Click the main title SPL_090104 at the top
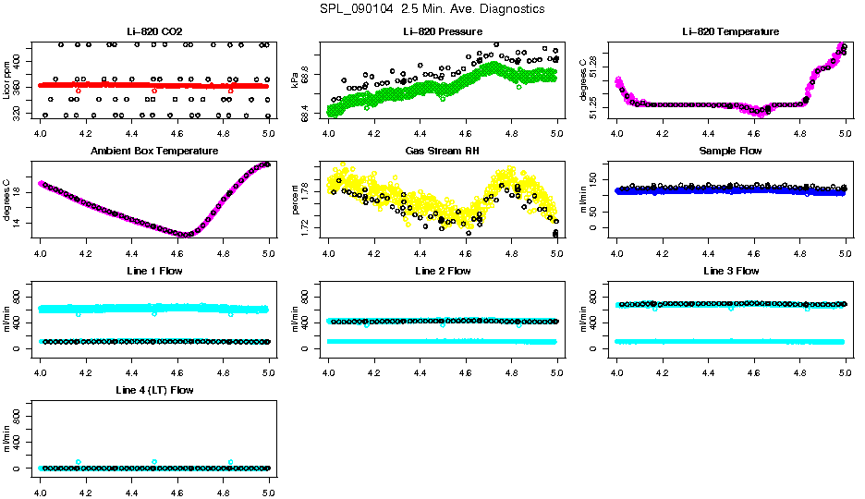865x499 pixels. (x=432, y=9)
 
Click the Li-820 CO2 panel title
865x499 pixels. (x=154, y=32)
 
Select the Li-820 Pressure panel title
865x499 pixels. (x=443, y=32)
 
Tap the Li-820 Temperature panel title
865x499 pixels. (x=731, y=32)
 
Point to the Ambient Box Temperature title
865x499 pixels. (x=154, y=152)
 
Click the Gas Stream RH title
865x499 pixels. (x=443, y=152)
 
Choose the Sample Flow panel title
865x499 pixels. (x=731, y=152)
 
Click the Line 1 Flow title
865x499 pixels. (x=154, y=271)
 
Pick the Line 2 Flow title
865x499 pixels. (x=443, y=271)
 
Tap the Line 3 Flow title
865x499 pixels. (x=731, y=271)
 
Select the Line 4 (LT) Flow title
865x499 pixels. (x=154, y=390)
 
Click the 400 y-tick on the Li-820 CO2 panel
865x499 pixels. (x=20, y=61)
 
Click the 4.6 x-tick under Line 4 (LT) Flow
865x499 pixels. (x=177, y=483)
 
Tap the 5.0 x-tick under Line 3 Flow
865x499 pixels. (x=845, y=364)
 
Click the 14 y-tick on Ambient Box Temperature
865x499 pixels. (x=20, y=223)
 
